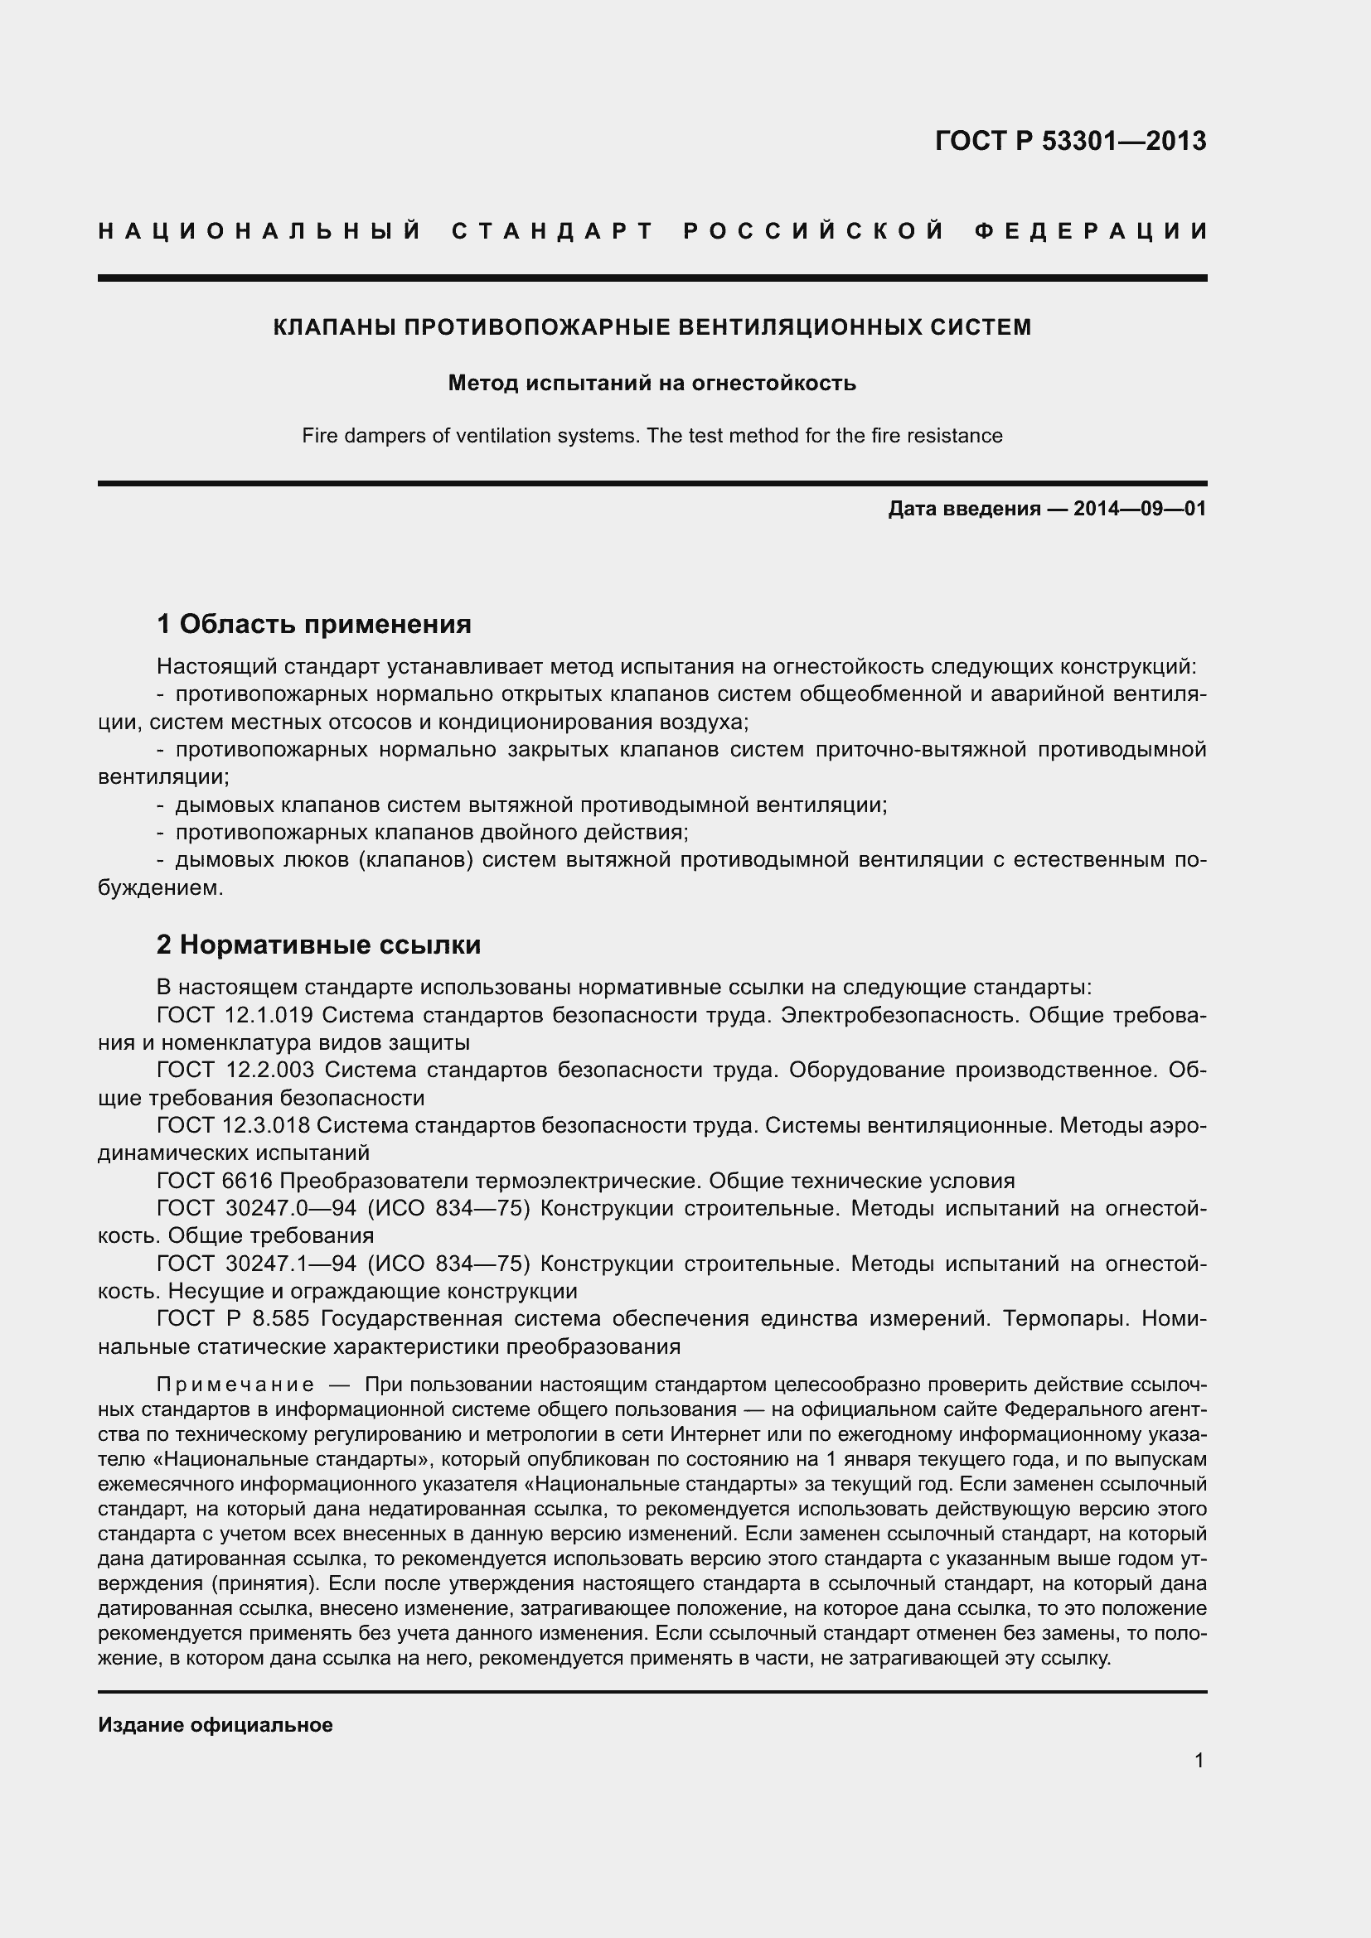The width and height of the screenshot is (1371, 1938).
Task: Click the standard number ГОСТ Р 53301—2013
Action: coord(1069,141)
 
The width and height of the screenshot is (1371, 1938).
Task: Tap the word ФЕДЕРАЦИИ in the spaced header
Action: coord(1090,231)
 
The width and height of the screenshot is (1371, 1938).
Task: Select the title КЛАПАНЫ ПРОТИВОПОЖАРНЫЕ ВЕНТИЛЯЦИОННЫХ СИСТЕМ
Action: coord(652,327)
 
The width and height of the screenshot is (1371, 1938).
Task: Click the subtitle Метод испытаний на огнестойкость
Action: coord(652,384)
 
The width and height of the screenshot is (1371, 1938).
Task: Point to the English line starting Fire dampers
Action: coord(652,437)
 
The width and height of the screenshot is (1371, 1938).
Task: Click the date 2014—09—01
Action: coord(1139,509)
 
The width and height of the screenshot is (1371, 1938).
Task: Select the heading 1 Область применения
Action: coord(313,625)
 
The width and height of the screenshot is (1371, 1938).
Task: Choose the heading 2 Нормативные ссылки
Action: coord(318,945)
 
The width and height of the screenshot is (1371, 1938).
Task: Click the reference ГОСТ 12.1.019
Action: coord(235,1015)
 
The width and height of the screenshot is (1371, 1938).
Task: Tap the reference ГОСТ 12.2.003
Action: coord(235,1070)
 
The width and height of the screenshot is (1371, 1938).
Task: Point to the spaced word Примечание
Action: coord(235,1385)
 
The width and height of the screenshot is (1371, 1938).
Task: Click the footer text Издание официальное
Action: coord(216,1725)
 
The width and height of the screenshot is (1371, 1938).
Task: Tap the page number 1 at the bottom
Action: coord(1199,1760)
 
